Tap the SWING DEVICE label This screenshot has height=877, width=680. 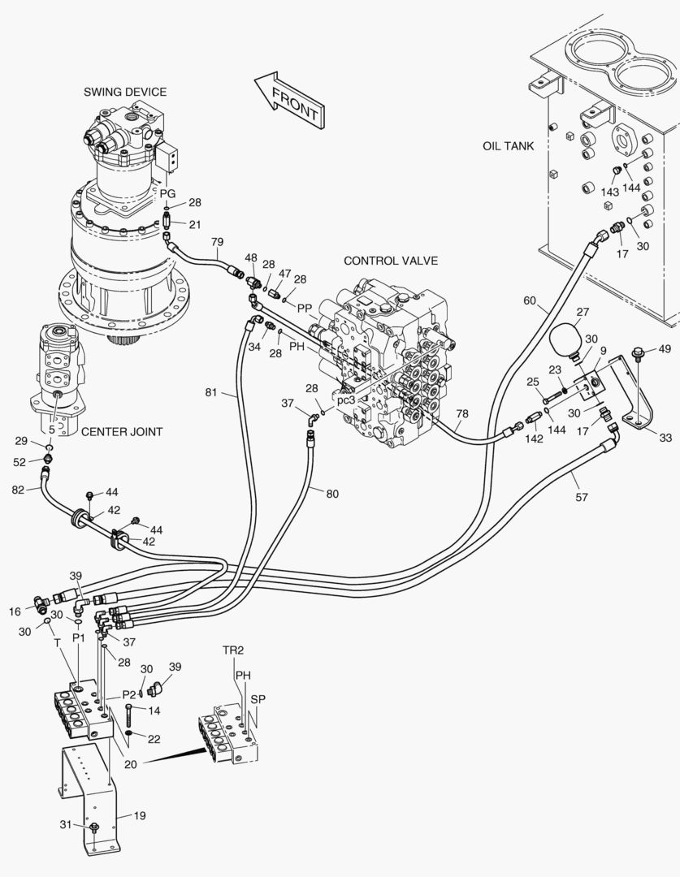coord(125,92)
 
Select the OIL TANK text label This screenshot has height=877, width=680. coord(508,146)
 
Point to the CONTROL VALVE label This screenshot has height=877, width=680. coord(391,261)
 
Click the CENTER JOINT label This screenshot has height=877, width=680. coord(121,431)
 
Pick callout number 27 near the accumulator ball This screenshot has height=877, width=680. coord(582,312)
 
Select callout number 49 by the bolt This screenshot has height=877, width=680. coord(665,349)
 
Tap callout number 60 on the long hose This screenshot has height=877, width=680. coord(529,301)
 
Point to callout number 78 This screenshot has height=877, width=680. coord(461,414)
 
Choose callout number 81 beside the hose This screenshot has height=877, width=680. coord(210,394)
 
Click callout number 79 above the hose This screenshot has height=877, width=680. coord(217,242)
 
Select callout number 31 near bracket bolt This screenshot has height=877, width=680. coord(65,824)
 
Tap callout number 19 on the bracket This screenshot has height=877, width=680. coord(139,815)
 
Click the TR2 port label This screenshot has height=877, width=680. coord(233,650)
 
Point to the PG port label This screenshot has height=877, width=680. coord(167,193)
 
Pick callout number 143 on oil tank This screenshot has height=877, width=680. coord(610,192)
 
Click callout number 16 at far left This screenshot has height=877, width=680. coord(15,611)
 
